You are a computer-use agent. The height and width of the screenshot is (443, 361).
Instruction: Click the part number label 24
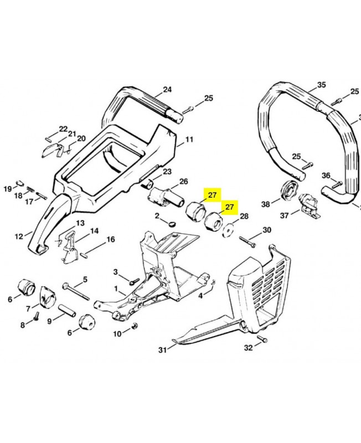click(x=167, y=89)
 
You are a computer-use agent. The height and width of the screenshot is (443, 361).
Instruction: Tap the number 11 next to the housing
click(x=189, y=140)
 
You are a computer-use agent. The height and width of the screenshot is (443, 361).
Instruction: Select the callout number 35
click(x=321, y=85)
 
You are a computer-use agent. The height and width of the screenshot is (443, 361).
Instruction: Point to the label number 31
click(x=162, y=349)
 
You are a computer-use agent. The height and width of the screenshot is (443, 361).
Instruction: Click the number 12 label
click(x=19, y=236)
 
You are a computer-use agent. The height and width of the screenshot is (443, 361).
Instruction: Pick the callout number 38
click(x=266, y=204)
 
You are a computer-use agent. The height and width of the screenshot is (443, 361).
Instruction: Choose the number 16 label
click(x=111, y=239)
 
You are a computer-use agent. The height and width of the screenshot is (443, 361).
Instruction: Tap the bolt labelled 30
click(x=249, y=240)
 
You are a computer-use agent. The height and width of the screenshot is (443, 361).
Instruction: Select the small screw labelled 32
click(x=262, y=339)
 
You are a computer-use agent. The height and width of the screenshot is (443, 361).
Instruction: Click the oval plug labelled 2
click(x=171, y=224)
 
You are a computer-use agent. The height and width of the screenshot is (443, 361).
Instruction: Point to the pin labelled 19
click(x=19, y=181)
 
